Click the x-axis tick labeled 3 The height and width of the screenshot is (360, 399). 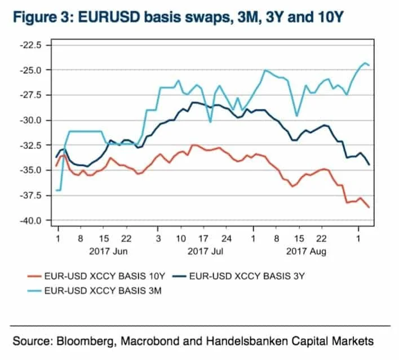(158, 239)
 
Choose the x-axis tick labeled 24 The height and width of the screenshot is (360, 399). (227, 239)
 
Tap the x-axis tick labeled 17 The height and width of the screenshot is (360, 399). (203, 239)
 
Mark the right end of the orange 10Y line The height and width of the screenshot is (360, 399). (369, 207)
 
